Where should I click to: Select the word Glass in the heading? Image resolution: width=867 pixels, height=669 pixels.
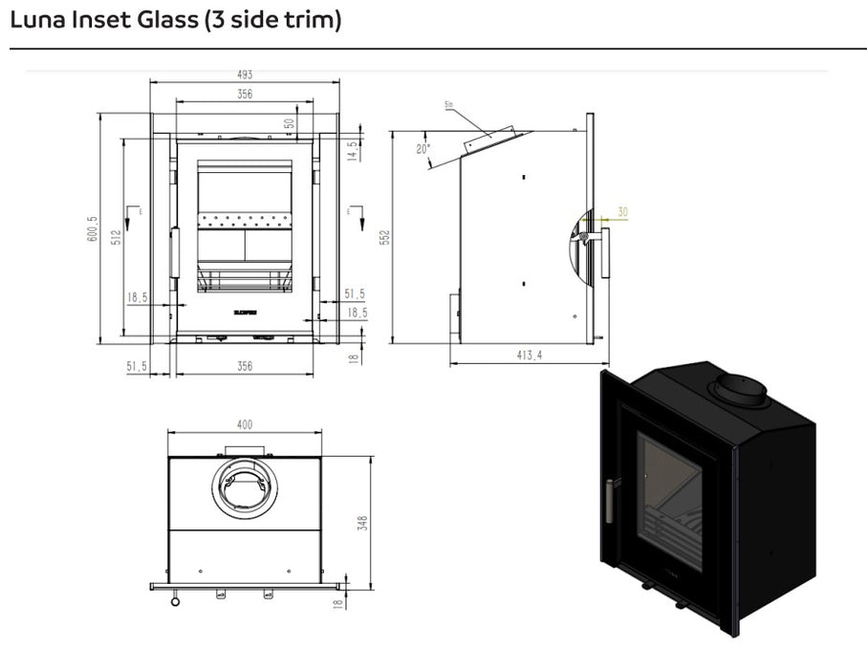167,19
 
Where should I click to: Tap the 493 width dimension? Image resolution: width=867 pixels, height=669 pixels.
244,77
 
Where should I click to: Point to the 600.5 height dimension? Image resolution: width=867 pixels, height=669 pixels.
93,228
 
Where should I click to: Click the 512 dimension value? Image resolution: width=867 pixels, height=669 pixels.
115,237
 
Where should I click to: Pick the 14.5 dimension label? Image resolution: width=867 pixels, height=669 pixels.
352,150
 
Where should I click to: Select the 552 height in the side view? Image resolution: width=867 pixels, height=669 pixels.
384,237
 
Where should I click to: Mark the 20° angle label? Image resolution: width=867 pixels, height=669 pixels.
423,148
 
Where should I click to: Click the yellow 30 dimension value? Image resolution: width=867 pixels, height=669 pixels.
623,212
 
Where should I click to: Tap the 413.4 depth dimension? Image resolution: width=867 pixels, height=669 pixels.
529,355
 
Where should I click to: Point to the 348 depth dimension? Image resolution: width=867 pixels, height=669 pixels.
362,524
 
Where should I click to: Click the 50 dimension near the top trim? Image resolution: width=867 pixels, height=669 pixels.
289,123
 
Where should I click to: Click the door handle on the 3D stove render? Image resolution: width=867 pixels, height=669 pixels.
605,501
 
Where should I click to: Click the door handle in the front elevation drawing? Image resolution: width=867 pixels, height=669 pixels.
175,252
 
